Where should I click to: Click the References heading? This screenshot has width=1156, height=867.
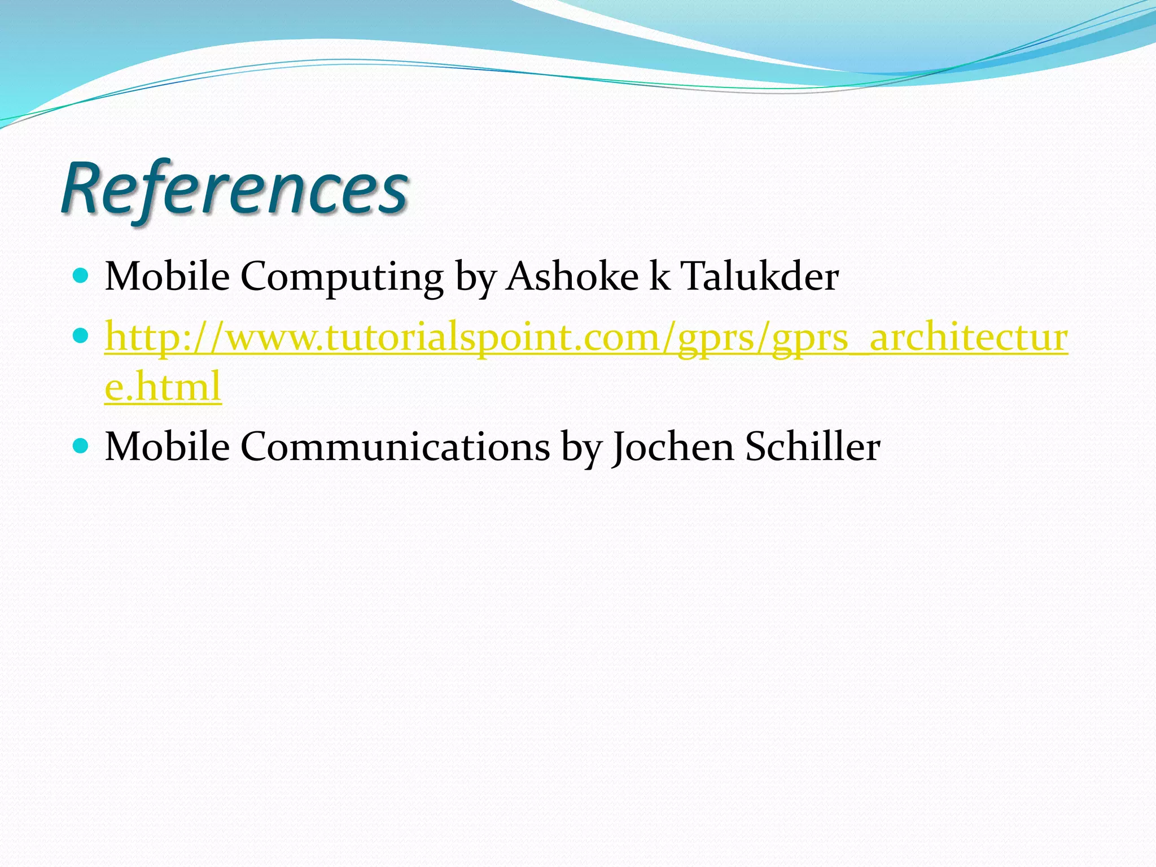pyautogui.click(x=234, y=189)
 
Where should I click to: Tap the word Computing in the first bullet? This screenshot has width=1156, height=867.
pyautogui.click(x=342, y=278)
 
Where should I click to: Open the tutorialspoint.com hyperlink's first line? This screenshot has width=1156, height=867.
pyautogui.click(x=586, y=338)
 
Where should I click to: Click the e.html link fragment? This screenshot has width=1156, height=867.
pyautogui.click(x=163, y=387)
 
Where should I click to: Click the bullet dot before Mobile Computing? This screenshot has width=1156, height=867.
pyautogui.click(x=81, y=275)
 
